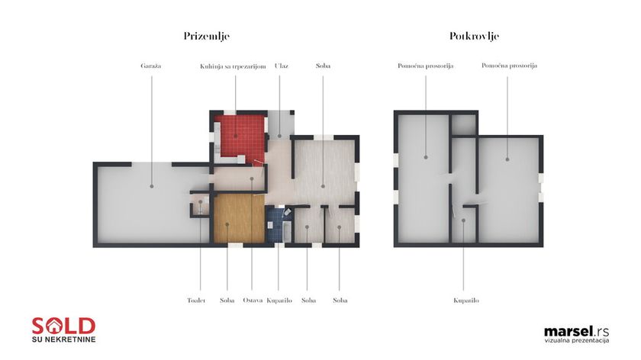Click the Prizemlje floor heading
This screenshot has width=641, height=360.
point(207,37)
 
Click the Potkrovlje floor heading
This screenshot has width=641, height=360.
point(474,37)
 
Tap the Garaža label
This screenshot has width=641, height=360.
point(151,66)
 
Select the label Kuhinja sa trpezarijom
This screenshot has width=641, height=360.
point(233,66)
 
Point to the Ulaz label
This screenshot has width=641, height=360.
point(282,66)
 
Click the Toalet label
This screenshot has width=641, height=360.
point(196,301)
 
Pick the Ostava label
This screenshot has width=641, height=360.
point(253,301)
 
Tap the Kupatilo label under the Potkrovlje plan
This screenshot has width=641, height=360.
point(466,301)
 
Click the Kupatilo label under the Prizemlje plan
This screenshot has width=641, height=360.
point(279,301)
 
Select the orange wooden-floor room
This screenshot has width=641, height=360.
point(239,219)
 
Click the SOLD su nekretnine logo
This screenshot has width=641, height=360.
point(64,329)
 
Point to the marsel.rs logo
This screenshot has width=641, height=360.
point(576,334)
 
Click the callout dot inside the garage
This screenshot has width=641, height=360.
point(152,186)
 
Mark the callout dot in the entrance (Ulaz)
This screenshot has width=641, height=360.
point(279,136)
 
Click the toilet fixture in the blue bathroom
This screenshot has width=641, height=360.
point(287,212)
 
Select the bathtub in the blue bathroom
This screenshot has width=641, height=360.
point(287,232)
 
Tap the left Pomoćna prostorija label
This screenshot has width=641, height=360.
point(426,66)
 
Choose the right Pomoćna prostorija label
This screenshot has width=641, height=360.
point(510,66)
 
